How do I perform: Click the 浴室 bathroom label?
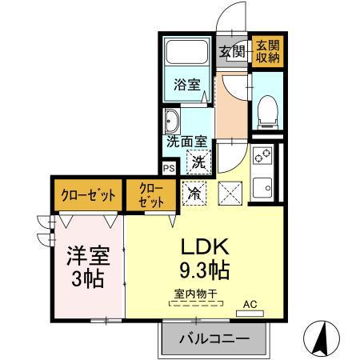click(186, 86)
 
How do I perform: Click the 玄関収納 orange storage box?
click(266, 52)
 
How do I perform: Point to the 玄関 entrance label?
click(234, 52)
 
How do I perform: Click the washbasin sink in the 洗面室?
click(172, 122)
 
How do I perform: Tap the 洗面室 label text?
click(186, 142)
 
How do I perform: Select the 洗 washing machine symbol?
click(197, 161)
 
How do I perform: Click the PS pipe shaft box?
click(169, 169)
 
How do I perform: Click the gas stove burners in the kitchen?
click(262, 157)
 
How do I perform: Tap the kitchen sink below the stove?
click(262, 187)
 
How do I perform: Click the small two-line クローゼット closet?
click(152, 194)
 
